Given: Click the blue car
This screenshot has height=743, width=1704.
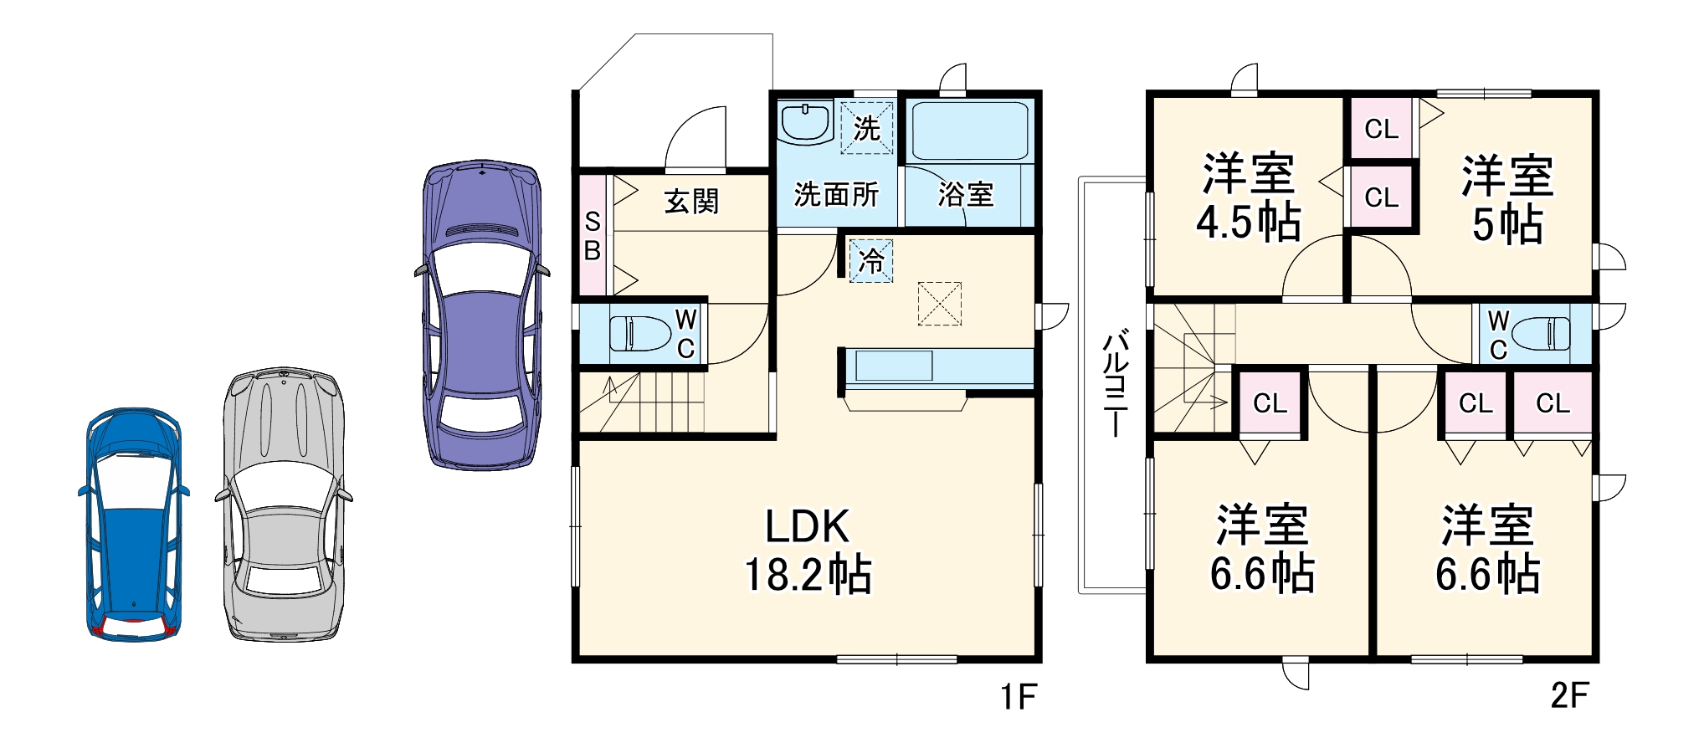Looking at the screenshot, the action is coord(134,525).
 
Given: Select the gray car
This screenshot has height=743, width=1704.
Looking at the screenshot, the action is coord(284,505).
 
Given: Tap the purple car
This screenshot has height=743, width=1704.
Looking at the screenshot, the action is coord(482,315).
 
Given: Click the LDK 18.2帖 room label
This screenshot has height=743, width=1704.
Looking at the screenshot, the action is coord(808,551).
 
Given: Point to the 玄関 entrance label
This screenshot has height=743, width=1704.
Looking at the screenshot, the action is coord(691,202).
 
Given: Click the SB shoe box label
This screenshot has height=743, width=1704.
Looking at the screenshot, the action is coord(593,236).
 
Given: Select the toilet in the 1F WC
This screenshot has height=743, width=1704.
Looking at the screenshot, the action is coord(640,334).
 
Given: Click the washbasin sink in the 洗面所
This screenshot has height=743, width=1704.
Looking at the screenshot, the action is coord(805,124).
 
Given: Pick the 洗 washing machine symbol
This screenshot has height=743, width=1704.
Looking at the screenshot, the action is coord(867,128).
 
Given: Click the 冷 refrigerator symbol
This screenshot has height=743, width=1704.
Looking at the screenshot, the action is coord(871,261).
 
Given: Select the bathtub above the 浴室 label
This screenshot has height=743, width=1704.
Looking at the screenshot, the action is coord(969,131).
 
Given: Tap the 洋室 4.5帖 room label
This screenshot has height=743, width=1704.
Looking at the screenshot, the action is coord(1248,197).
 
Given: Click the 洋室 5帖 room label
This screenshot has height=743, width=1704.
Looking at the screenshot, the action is coord(1507,199).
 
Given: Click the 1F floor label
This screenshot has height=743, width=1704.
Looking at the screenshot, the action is coord(1019,696).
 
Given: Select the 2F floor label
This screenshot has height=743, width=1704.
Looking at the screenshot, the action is coord(1569,695).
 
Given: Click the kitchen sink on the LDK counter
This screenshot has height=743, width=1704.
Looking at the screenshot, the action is coord(894,366).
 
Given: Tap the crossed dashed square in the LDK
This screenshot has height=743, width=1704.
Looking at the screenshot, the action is coord(940,304).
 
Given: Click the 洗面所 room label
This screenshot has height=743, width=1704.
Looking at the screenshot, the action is coord(836,195).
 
